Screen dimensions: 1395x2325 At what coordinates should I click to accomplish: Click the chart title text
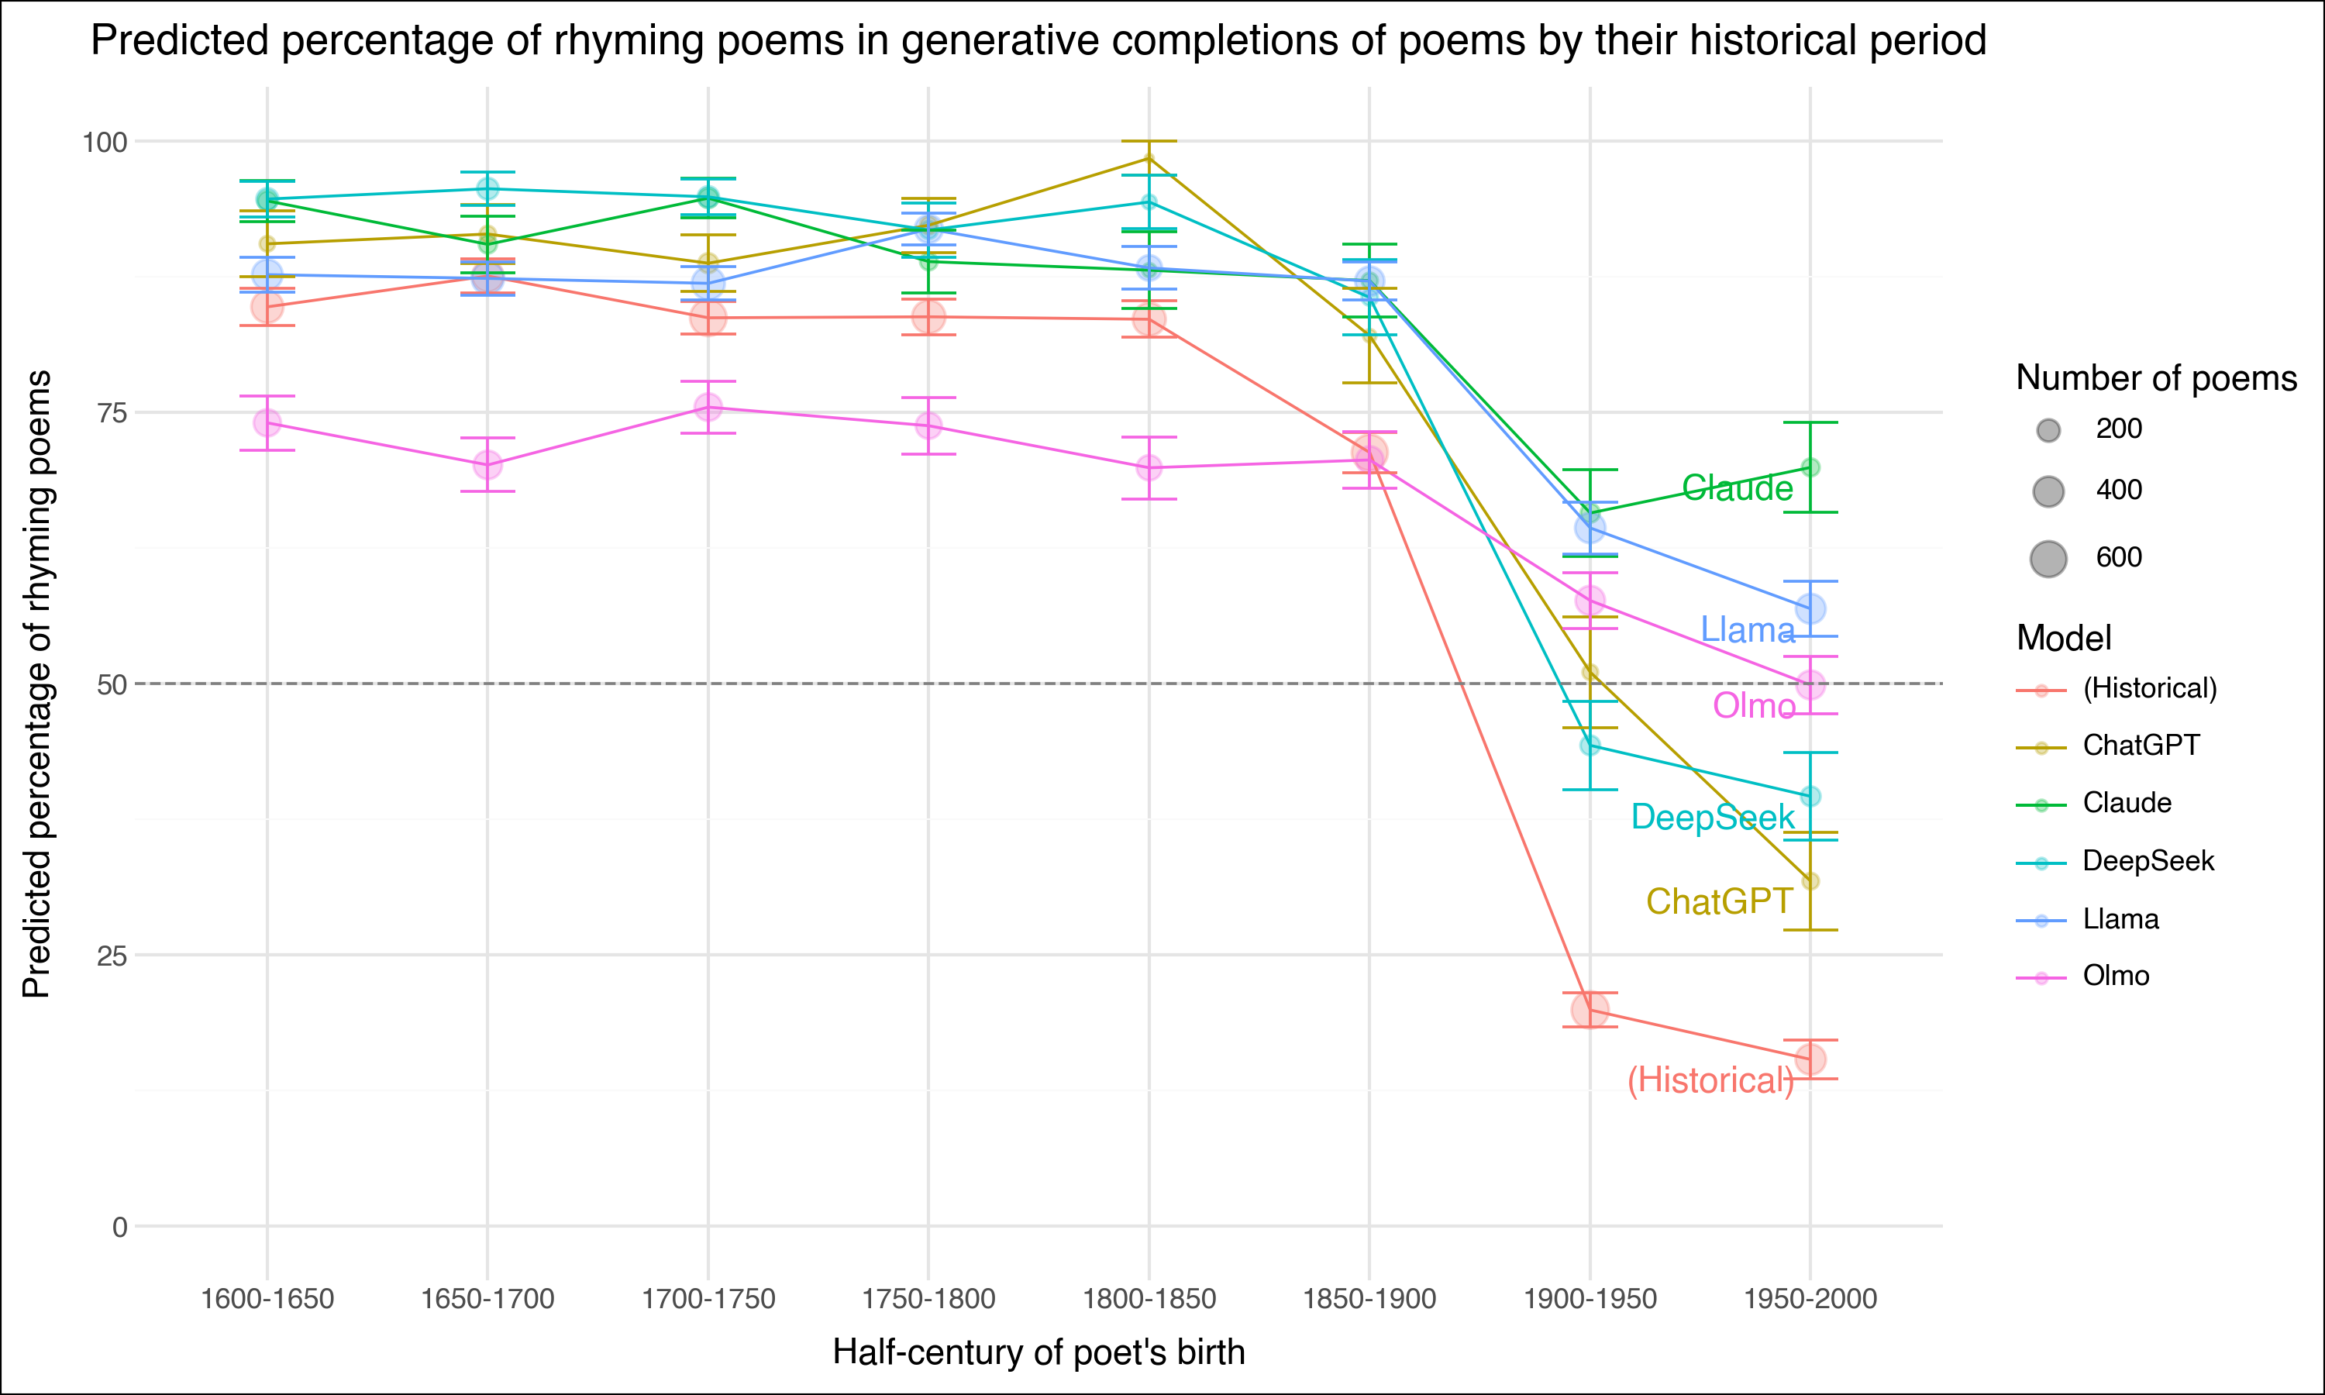[x=1038, y=41]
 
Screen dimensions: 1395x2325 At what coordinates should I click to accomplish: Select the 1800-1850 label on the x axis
[x=1149, y=1299]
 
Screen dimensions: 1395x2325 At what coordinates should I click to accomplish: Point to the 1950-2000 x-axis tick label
[x=1810, y=1299]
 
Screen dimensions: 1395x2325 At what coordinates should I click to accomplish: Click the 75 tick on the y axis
[x=111, y=412]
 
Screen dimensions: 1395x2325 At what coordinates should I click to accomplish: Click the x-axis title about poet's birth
[x=1038, y=1352]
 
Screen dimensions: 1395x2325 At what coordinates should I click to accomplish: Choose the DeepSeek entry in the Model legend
[x=2148, y=861]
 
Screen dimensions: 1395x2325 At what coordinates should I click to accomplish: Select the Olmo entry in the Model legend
[x=2116, y=976]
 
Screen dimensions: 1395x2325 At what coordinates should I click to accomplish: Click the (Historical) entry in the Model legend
[x=2149, y=688]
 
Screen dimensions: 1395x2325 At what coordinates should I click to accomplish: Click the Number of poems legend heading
[x=2156, y=378]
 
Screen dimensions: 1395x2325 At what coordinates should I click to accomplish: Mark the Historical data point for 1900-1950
[x=1590, y=1010]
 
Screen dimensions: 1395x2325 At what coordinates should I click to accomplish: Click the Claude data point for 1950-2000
[x=1810, y=467]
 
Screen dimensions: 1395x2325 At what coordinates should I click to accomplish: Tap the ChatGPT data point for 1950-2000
[x=1810, y=881]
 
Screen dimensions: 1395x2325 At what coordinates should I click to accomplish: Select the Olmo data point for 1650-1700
[x=487, y=464]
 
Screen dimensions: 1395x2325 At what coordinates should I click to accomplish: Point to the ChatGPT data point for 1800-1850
[x=1149, y=158]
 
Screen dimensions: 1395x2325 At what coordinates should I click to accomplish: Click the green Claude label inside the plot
[x=1737, y=488]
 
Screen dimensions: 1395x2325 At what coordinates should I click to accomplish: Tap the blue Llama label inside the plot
[x=1747, y=630]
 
